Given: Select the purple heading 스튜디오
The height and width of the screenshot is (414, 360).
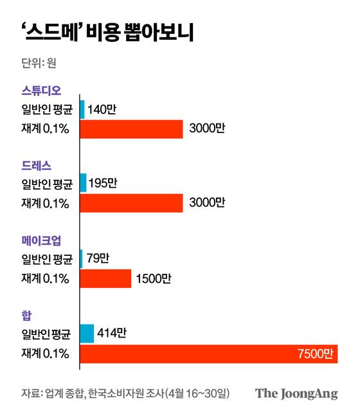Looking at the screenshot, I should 41,90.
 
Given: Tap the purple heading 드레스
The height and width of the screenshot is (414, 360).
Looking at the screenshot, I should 36,166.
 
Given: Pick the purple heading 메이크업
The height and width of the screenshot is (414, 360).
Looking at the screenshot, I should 41,241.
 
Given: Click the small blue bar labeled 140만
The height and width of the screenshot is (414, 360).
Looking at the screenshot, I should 82,109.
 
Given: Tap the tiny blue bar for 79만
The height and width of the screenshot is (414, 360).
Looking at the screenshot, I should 81,259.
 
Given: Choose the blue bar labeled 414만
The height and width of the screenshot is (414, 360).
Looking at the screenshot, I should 87,334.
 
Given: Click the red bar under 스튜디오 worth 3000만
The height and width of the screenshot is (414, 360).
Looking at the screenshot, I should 132,129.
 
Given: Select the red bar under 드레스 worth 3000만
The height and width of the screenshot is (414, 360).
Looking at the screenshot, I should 132,204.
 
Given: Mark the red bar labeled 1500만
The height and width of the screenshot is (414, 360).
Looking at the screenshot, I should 105,278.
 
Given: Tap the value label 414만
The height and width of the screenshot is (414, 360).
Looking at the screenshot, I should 113,334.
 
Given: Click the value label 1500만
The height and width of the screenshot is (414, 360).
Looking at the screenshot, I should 153,278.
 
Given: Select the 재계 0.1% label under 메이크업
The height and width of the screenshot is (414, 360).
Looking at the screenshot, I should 45,278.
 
